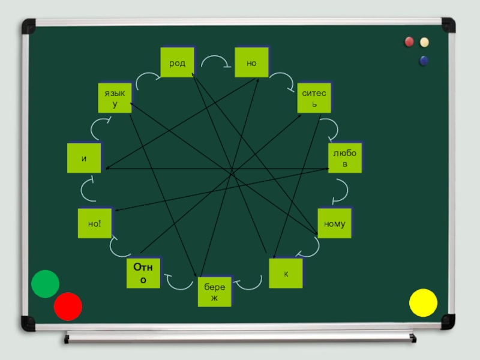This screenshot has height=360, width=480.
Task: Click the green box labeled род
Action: pos(177,62)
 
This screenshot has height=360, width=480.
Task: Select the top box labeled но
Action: pos(251,62)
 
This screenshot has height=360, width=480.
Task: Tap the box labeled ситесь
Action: pos(314,98)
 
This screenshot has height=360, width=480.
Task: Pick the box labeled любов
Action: pos(345,158)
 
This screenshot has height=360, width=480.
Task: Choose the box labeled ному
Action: pos(334,224)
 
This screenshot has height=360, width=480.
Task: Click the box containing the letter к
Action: pos(286,273)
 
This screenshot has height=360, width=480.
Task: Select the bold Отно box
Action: pos(143,274)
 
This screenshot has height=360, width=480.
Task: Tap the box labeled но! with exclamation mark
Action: pos(95,224)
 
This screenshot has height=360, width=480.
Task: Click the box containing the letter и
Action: pos(84,158)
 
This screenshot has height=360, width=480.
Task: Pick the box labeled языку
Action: pos(115,98)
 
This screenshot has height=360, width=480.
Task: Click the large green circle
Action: pos(45,284)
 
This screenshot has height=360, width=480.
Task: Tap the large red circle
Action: pos(68,307)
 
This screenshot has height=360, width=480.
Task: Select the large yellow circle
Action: pos(424,302)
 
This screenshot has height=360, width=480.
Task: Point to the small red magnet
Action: pos(409,42)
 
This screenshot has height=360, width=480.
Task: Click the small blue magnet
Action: pos(424,60)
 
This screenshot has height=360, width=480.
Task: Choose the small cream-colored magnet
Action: pos(425,42)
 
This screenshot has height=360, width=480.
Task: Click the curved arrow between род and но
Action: pos(215,61)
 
